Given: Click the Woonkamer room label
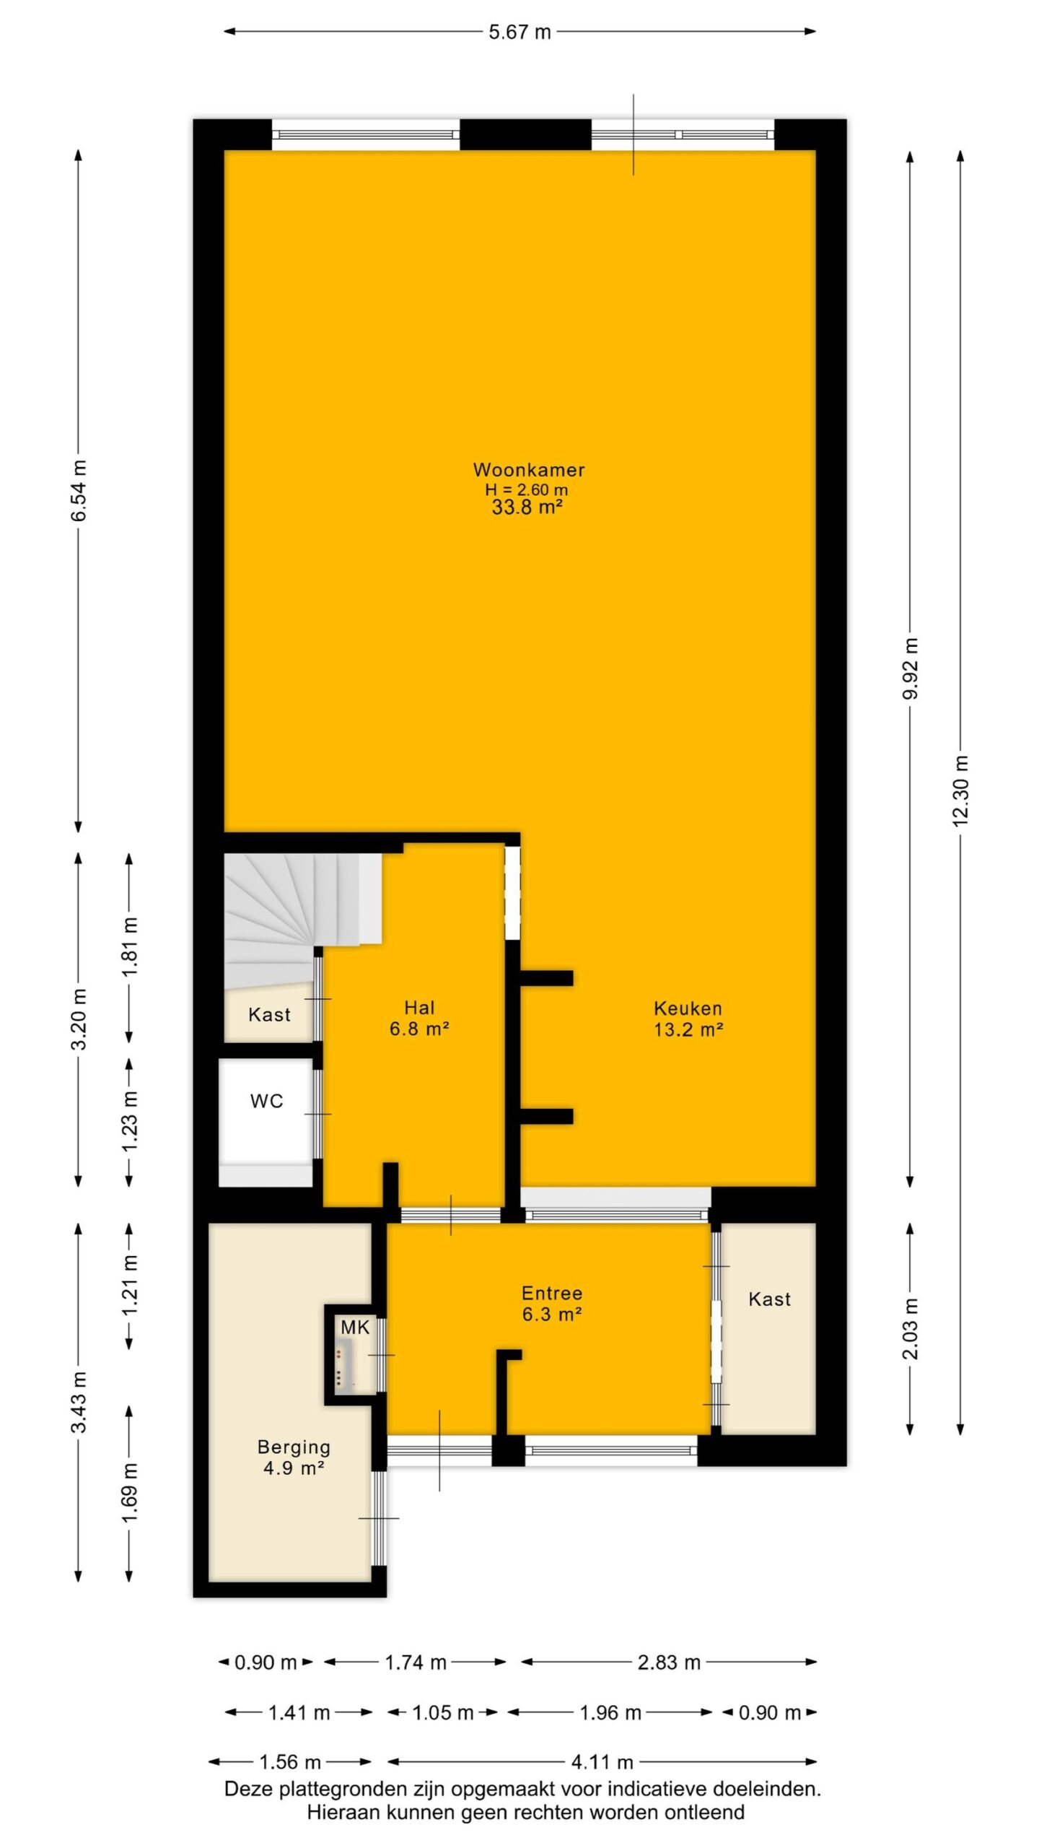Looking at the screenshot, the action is pyautogui.click(x=528, y=470).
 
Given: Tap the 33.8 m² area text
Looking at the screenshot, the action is pyautogui.click(x=527, y=507).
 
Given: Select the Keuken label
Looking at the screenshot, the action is pyautogui.click(x=688, y=1008).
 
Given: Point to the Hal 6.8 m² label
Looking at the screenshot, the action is pyautogui.click(x=419, y=1018).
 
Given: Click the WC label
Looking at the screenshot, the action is pyautogui.click(x=266, y=1102).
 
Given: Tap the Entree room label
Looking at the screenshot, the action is pyautogui.click(x=552, y=1294).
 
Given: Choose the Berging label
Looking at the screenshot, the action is pyautogui.click(x=294, y=1447).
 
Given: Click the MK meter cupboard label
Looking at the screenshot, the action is pyautogui.click(x=355, y=1327).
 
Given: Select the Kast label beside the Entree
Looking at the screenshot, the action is pyautogui.click(x=769, y=1299).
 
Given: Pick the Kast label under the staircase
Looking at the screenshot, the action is pyautogui.click(x=269, y=1015).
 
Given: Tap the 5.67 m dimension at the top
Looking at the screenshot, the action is pyautogui.click(x=519, y=32).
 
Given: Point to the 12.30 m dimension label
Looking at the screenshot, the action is pyautogui.click(x=960, y=790).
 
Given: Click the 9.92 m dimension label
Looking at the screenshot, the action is pyautogui.click(x=910, y=668).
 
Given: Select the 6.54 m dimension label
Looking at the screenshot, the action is pyautogui.click(x=79, y=490).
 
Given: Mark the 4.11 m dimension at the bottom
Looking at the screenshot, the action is pyautogui.click(x=602, y=1762).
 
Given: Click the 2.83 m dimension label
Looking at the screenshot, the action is pyautogui.click(x=669, y=1662).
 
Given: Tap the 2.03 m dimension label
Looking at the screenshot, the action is pyautogui.click(x=910, y=1329).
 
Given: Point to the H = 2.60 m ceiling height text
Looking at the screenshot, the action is pyautogui.click(x=527, y=489).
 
